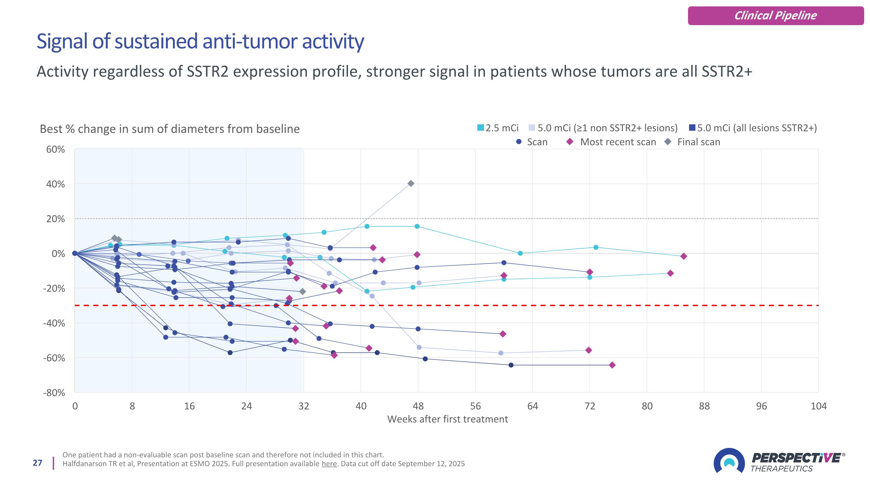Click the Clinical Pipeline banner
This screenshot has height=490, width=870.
click(x=775, y=16)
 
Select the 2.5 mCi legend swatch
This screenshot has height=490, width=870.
click(x=480, y=128)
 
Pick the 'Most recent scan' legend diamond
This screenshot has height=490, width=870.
click(x=570, y=142)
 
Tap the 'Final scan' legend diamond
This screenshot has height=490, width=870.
click(x=668, y=142)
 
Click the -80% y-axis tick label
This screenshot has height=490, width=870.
click(x=54, y=393)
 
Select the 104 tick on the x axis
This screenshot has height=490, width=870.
click(x=818, y=406)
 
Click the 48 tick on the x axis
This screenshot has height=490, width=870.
click(x=418, y=406)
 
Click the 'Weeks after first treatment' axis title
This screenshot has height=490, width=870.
click(x=447, y=419)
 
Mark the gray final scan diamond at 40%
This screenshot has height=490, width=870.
click(x=411, y=184)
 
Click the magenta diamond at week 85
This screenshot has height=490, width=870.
click(x=684, y=256)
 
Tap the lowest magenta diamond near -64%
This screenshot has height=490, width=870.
click(x=612, y=365)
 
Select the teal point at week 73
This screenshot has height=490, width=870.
click(x=596, y=247)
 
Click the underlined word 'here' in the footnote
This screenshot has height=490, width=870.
click(x=329, y=464)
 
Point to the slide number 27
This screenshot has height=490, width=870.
click(x=37, y=463)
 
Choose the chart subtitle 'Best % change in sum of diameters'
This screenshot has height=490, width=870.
click(x=170, y=129)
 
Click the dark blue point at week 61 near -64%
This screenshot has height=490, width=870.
click(x=511, y=365)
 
